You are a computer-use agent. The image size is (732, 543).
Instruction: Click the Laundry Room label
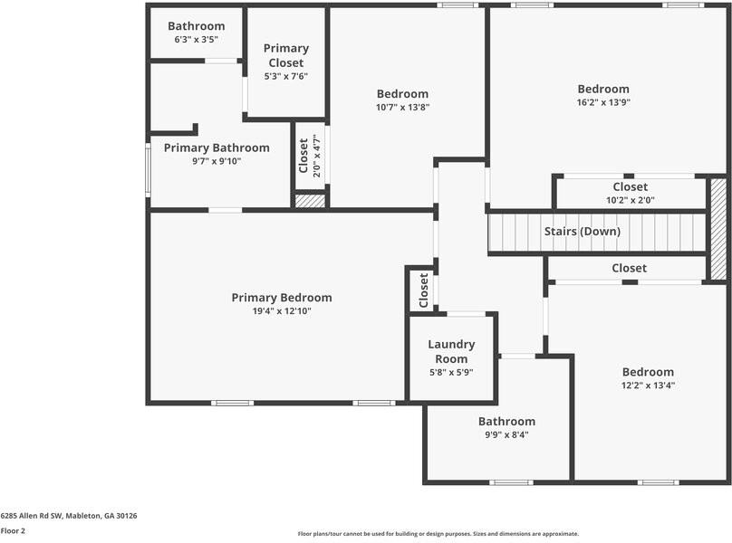click(451, 351)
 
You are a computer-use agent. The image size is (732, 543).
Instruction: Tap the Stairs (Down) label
click(582, 232)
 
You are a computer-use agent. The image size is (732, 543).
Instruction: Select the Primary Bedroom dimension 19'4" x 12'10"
click(281, 311)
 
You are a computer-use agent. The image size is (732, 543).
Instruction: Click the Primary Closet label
click(286, 55)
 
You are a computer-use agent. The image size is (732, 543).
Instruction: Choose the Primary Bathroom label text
click(217, 148)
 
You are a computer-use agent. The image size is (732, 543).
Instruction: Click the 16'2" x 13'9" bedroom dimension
click(603, 102)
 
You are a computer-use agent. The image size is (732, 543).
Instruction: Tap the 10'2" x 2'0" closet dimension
click(630, 201)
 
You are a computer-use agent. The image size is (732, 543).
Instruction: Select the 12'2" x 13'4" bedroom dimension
click(648, 386)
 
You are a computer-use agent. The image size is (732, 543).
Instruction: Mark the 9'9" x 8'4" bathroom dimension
click(506, 434)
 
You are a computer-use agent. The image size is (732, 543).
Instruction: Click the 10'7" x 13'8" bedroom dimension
click(402, 107)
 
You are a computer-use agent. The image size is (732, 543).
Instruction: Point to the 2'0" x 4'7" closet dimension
click(316, 156)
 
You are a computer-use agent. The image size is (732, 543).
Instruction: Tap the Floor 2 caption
click(13, 531)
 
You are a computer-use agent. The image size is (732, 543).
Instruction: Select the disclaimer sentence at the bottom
click(438, 534)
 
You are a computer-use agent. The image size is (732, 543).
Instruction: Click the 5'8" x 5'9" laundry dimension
click(451, 372)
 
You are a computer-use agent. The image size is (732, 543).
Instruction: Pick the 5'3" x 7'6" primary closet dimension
click(286, 76)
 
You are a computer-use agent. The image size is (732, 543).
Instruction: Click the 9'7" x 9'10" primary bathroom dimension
click(217, 161)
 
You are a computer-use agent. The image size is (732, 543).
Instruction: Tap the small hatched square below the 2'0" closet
click(310, 201)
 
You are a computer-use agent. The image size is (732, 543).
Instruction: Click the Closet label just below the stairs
click(629, 268)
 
